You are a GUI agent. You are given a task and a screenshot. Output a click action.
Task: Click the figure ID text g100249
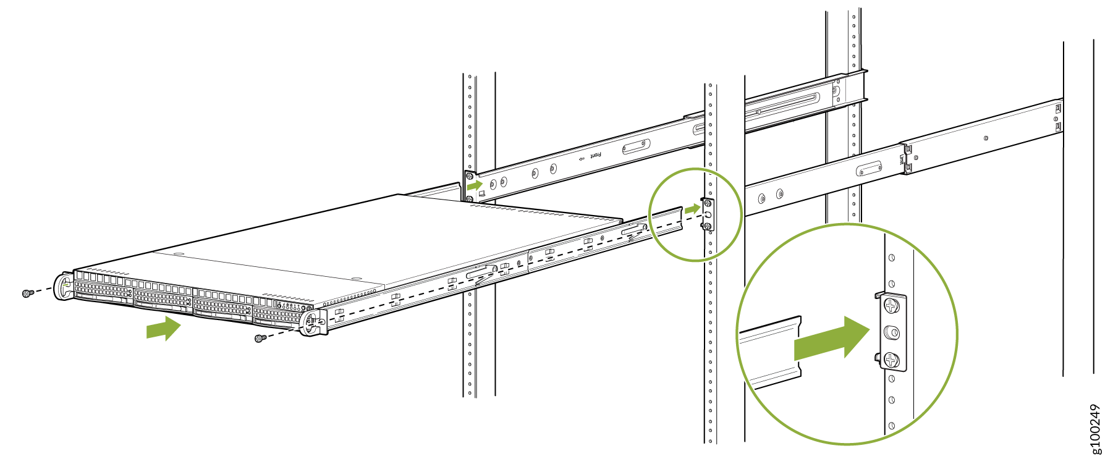click(1095, 429)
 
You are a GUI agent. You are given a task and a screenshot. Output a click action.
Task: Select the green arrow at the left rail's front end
click(475, 184)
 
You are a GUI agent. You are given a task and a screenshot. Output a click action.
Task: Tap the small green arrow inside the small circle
click(692, 209)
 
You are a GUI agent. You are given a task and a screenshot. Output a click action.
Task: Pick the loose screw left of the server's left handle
click(27, 293)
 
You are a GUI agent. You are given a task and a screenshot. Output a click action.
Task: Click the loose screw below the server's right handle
click(261, 338)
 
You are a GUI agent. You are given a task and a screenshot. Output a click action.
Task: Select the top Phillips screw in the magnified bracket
click(891, 306)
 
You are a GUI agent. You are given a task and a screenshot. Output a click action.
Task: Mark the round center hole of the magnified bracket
click(892, 333)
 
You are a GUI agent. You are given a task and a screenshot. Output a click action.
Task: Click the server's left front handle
click(64, 287)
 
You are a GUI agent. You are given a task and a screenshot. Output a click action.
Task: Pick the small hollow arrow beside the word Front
click(581, 159)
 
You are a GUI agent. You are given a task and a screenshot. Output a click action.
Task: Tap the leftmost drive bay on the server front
click(103, 290)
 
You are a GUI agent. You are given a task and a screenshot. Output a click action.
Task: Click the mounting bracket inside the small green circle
click(708, 214)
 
